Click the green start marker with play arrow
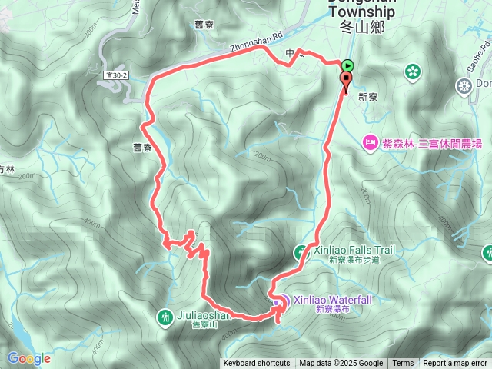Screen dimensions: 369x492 [348, 66]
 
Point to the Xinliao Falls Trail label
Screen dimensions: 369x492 [354, 250]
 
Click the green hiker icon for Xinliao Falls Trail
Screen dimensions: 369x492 [301, 251]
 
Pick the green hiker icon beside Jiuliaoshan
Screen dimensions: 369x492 [165, 316]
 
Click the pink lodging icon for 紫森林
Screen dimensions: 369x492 [369, 142]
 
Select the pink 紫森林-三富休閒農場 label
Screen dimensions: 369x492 [426, 142]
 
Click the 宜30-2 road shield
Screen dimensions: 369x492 [118, 75]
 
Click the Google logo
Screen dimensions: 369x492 [28, 358]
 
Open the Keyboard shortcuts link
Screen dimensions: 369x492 [257, 364]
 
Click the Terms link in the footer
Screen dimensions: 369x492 [403, 364]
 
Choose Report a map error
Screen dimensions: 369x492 [456, 364]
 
